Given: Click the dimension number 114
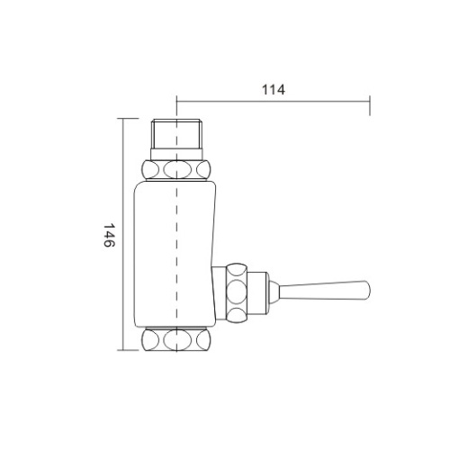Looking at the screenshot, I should [x=273, y=90].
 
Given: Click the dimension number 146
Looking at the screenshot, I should [x=108, y=236].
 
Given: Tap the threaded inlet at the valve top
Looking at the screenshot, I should [x=176, y=137].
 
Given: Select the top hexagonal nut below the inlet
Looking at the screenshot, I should [x=176, y=169].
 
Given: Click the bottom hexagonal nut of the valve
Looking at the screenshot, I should [x=176, y=342].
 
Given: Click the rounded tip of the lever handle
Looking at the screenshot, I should [x=365, y=290].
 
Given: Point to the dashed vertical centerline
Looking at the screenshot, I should [x=176, y=225].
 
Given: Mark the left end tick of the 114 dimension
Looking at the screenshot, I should [x=176, y=101].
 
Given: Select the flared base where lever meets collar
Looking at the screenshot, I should [x=279, y=290].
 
